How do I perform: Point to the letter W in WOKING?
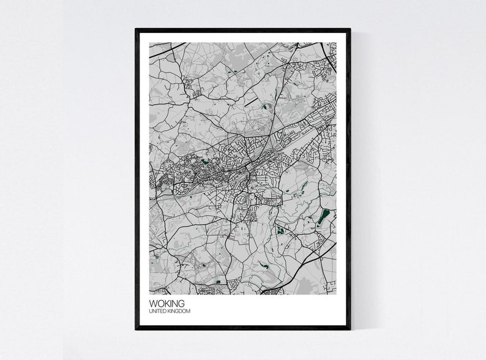point(153,304)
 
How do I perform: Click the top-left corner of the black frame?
point(136,29)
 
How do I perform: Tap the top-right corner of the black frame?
point(350,29)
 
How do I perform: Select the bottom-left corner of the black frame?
point(136,329)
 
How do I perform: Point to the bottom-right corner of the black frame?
point(350,329)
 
